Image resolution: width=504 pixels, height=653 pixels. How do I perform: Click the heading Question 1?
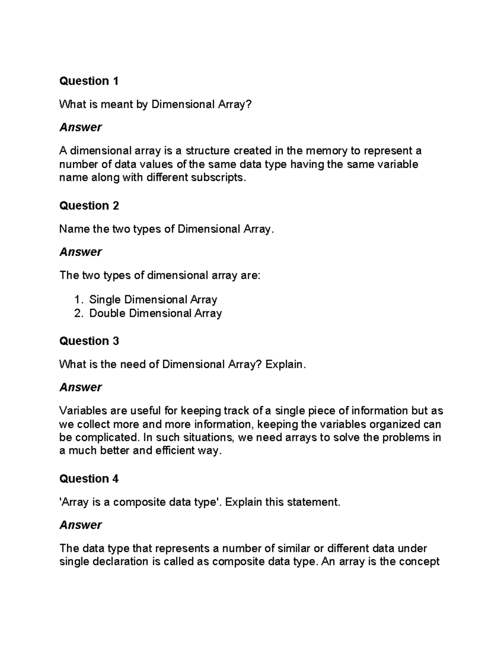click(89, 81)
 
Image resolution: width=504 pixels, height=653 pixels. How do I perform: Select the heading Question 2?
click(89, 206)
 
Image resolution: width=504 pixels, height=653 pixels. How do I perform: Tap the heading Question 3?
click(89, 341)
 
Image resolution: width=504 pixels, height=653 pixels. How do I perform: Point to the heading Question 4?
click(89, 479)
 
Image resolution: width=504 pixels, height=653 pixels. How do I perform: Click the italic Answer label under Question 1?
click(80, 127)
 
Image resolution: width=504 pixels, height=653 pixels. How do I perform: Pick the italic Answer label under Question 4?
click(80, 525)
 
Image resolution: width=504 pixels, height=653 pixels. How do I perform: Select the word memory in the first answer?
click(326, 151)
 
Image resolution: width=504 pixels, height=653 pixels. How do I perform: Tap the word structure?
click(207, 151)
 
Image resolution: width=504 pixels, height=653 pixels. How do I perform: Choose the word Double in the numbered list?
click(108, 313)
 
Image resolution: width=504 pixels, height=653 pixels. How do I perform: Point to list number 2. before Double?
click(79, 313)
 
